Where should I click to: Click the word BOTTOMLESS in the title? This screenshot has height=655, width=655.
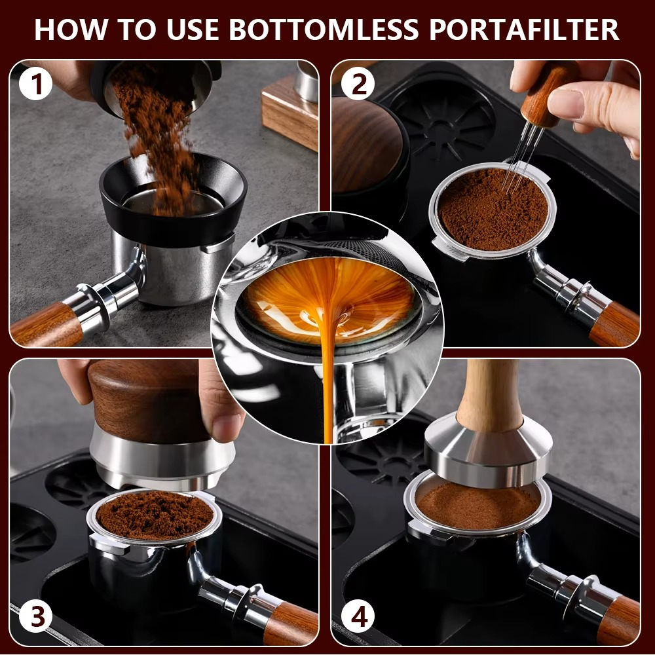(x=324, y=29)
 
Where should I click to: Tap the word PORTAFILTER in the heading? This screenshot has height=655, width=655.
(x=524, y=29)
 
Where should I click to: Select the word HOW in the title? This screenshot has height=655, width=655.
(x=71, y=29)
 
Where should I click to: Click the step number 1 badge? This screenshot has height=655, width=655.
(x=35, y=84)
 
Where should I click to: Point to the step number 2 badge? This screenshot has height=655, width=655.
(x=358, y=84)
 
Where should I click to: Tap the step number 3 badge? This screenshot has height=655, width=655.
(x=35, y=616)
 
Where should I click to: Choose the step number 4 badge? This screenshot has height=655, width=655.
(x=358, y=616)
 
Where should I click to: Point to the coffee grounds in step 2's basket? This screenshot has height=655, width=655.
(x=493, y=209)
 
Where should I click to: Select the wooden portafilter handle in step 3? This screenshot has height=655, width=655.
(x=290, y=624)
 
